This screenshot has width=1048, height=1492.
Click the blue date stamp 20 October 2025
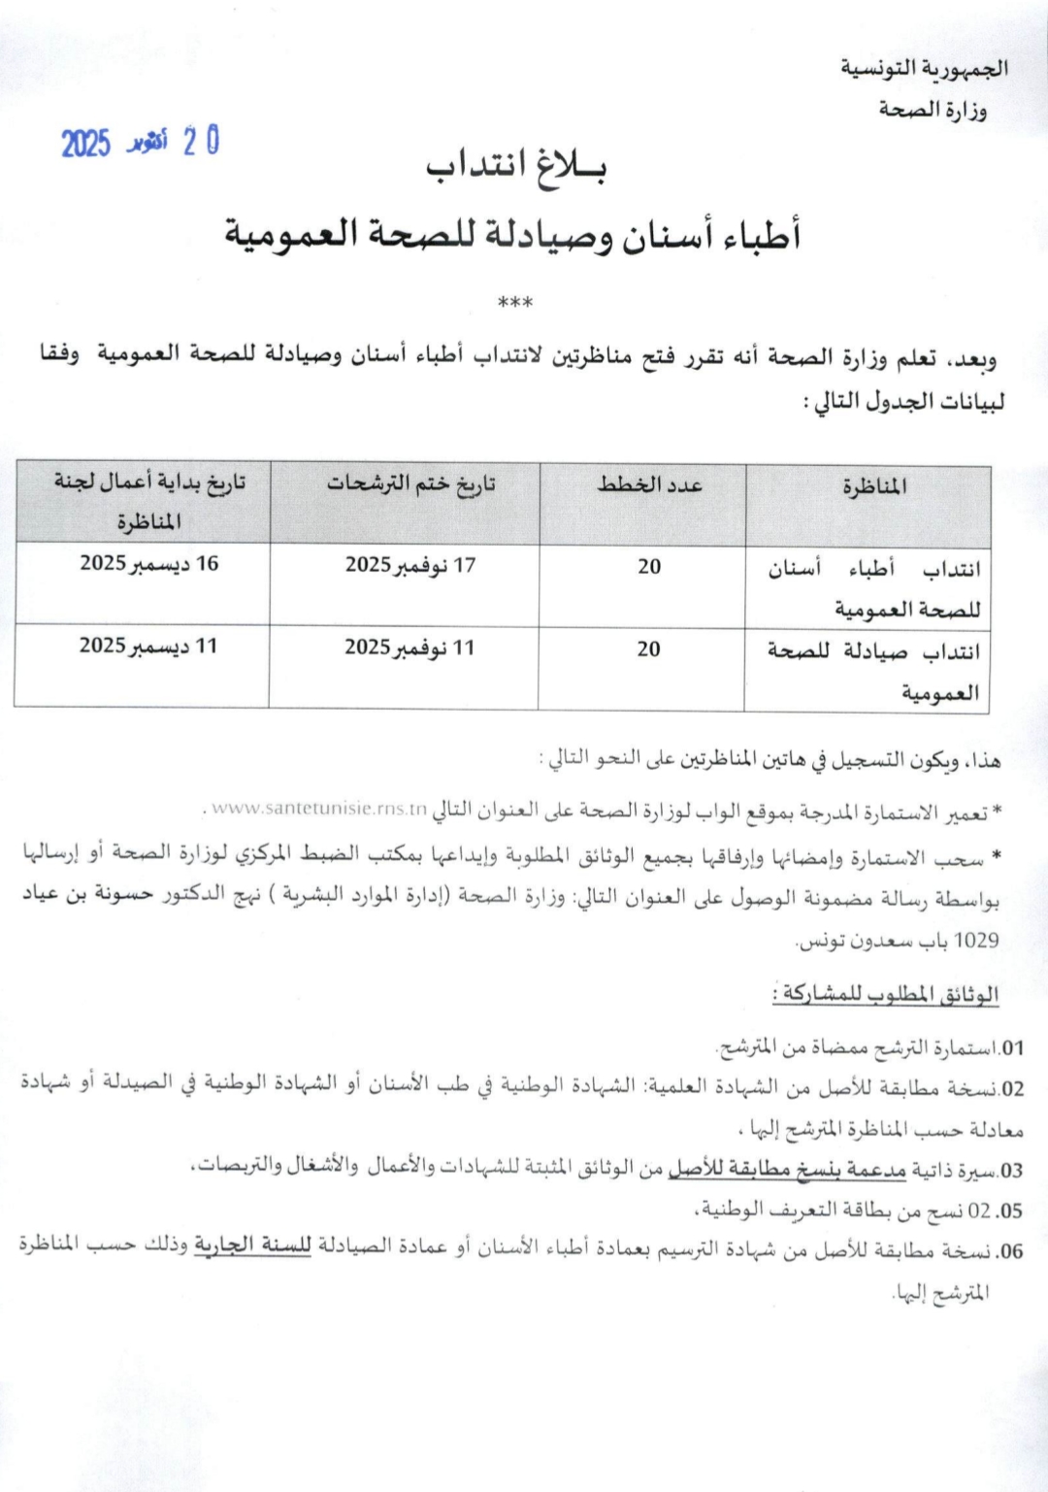141,143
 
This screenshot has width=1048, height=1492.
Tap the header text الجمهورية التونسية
923,68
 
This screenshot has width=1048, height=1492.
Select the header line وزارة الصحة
933,110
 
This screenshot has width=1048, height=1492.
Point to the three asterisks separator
514,304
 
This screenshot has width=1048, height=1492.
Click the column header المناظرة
874,485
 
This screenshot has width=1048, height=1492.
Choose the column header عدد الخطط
650,484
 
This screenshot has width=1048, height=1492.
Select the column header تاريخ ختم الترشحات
410,484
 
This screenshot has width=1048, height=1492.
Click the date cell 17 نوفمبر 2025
410,565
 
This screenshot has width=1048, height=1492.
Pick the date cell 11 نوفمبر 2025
409,647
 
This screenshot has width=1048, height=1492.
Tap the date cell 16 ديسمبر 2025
149,564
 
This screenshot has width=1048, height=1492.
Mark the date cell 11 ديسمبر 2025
148,646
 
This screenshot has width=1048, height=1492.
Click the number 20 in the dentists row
649,567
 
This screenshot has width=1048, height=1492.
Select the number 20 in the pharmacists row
648,648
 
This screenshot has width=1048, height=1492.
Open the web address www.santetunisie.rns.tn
319,809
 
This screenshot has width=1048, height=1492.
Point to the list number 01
1012,1047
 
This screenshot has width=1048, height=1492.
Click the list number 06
1011,1251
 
